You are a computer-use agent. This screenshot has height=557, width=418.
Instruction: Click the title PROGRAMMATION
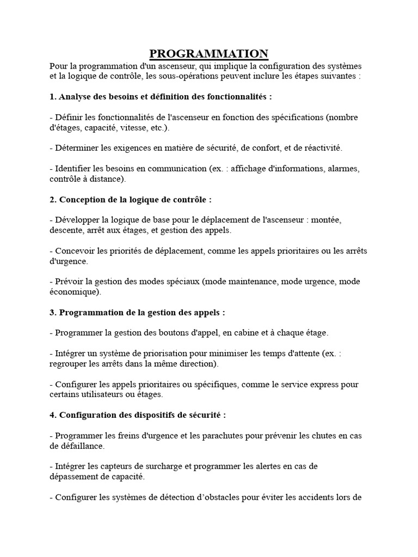click(209, 53)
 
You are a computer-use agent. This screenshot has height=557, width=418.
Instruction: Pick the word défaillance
click(76, 446)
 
